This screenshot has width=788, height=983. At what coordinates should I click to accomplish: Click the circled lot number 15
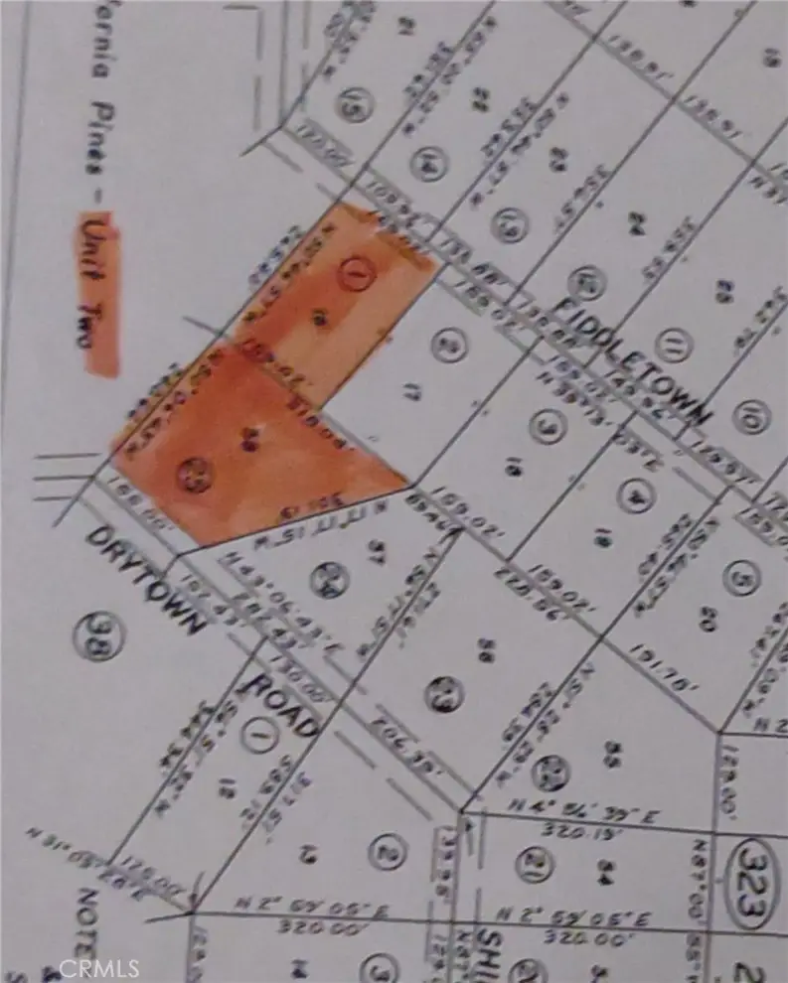click(349, 104)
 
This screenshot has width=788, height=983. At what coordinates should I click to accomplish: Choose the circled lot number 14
click(428, 162)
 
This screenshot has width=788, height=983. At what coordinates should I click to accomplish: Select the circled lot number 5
click(737, 577)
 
